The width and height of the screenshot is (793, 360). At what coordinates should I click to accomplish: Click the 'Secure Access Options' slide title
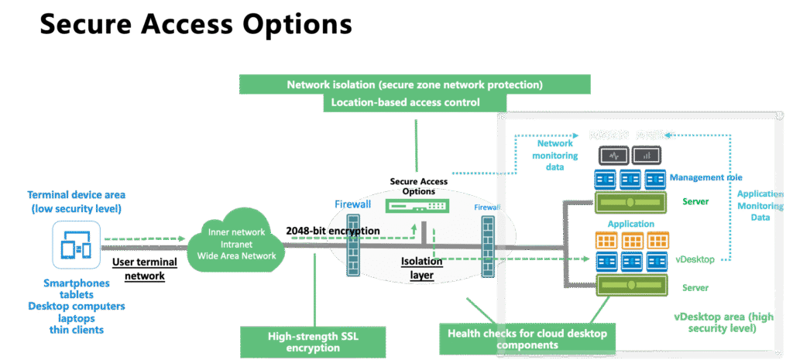click(x=195, y=25)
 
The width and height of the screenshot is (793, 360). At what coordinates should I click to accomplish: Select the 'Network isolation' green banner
click(x=414, y=84)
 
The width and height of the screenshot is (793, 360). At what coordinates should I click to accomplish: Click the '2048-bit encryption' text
click(x=332, y=231)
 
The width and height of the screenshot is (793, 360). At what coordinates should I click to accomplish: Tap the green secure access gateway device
click(x=418, y=207)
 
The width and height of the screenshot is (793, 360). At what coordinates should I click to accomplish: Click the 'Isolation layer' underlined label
click(x=421, y=268)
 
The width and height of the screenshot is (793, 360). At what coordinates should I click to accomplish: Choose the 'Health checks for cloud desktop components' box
click(x=527, y=338)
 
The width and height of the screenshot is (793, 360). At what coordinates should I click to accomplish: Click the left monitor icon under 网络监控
click(x=614, y=156)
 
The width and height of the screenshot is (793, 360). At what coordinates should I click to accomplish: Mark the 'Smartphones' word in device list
click(x=74, y=283)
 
